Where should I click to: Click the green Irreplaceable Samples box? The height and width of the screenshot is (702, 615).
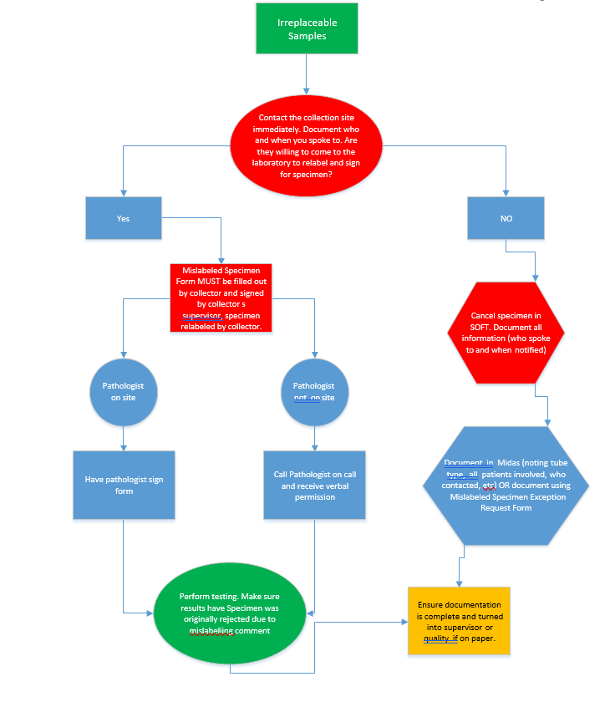[307, 28]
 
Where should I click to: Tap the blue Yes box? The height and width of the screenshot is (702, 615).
[123, 218]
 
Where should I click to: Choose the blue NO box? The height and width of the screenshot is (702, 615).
[506, 218]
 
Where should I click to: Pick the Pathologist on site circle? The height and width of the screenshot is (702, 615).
[124, 392]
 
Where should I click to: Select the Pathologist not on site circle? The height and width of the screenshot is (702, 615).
[313, 392]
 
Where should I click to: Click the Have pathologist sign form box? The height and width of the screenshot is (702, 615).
[124, 485]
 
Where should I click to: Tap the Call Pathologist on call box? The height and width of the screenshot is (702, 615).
[314, 485]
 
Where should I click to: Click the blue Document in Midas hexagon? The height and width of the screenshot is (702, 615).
[506, 484]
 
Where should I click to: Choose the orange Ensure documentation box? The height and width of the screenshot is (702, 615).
[459, 621]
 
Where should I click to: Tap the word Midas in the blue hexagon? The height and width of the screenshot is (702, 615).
[509, 463]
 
